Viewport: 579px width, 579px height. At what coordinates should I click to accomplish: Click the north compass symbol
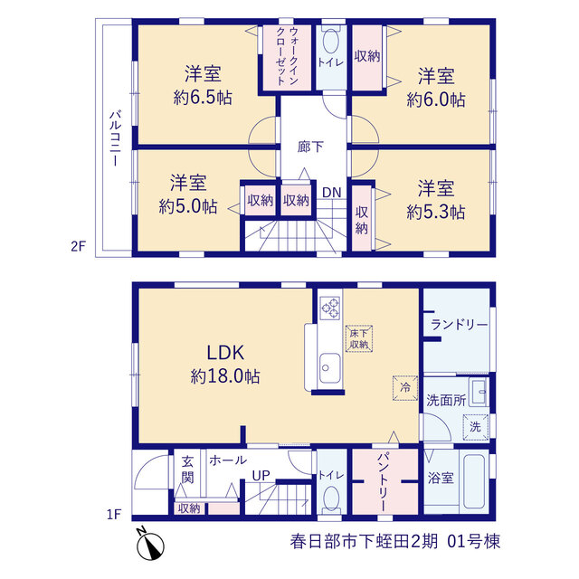click(x=150, y=545)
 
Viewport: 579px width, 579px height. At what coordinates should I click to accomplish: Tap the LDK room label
click(x=225, y=353)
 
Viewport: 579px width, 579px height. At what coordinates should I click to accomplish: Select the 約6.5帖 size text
click(x=203, y=98)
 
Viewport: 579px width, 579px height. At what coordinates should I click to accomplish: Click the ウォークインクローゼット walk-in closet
click(x=287, y=56)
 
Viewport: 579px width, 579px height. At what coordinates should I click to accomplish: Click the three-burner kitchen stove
click(x=329, y=308)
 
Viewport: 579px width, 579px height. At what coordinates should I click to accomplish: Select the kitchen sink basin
click(x=329, y=368)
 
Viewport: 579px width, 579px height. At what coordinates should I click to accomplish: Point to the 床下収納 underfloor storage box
click(x=359, y=338)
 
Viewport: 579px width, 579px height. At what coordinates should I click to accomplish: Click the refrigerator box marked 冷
click(x=405, y=388)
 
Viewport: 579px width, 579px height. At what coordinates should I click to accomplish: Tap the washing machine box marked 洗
click(x=476, y=427)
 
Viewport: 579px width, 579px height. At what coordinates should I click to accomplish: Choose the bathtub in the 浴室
click(x=474, y=481)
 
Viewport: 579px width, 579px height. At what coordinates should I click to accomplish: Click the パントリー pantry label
click(x=383, y=481)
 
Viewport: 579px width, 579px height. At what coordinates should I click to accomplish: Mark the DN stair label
click(x=332, y=193)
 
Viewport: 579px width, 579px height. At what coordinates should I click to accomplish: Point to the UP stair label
click(x=261, y=476)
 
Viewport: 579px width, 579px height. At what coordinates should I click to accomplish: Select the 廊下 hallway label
click(x=310, y=147)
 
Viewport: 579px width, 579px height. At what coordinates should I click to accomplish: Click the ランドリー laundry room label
click(x=460, y=325)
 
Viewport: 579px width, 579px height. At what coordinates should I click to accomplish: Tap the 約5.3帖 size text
click(x=436, y=212)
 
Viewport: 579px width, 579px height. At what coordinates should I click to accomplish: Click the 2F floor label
click(x=79, y=246)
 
